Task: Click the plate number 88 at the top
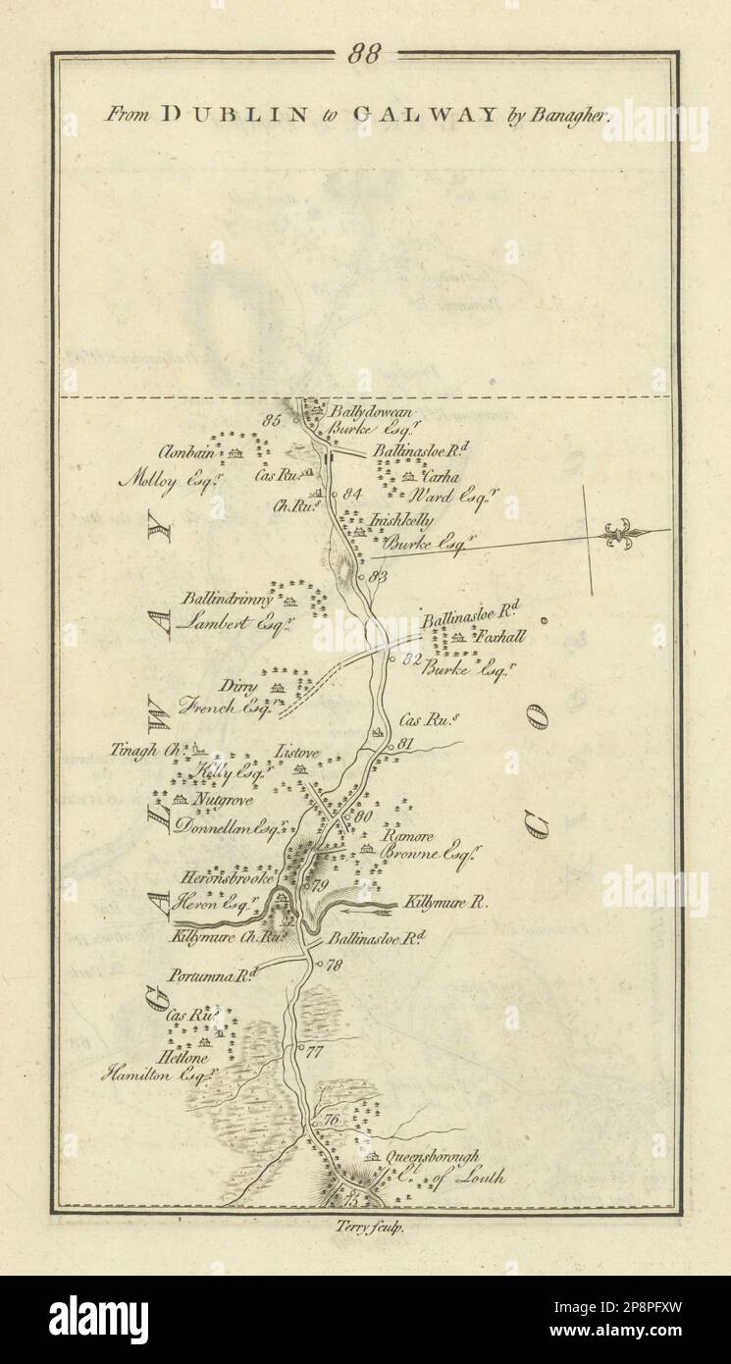[364, 55]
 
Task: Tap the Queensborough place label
[435, 1157]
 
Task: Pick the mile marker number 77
[314, 1053]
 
